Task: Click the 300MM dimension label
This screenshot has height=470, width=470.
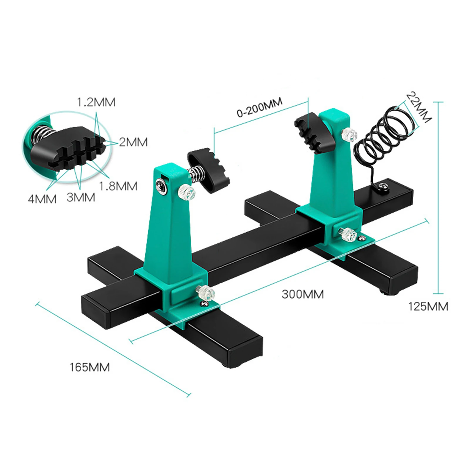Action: tap(303, 294)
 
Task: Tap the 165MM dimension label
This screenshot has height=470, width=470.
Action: tap(90, 367)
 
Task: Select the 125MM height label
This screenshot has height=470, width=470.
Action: tap(428, 307)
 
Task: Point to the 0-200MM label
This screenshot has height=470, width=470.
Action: tap(260, 107)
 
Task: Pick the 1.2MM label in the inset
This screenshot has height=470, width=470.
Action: tap(96, 102)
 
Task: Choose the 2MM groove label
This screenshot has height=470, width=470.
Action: tap(133, 142)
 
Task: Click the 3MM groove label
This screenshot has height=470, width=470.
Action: tap(81, 197)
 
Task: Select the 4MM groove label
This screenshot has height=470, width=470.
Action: tap(42, 199)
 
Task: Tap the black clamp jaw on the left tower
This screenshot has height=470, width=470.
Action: tap(209, 170)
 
